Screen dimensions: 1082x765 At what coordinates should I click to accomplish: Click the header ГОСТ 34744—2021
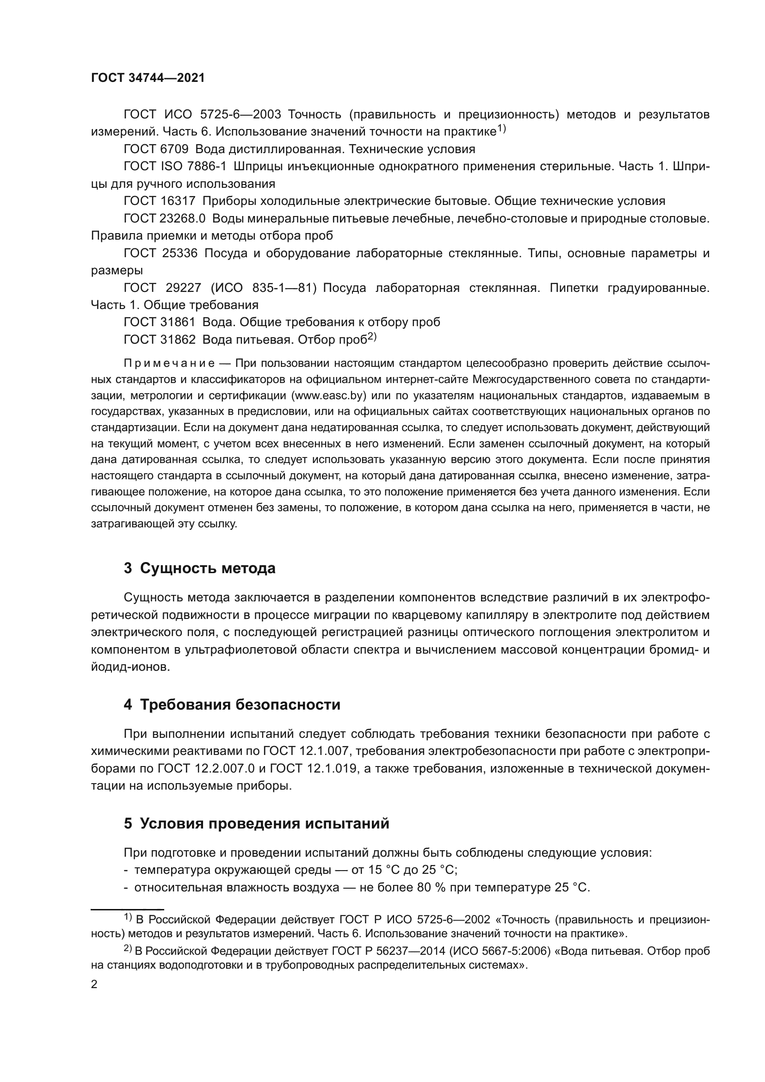(x=148, y=78)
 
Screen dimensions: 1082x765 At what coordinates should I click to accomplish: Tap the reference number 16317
(x=178, y=201)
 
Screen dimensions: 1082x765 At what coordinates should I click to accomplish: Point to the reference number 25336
(x=179, y=253)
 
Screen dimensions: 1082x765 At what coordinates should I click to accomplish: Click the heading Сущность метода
(x=208, y=569)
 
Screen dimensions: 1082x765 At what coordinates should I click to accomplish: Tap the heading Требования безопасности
(x=240, y=705)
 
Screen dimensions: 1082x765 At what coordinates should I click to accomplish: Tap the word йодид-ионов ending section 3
(x=130, y=668)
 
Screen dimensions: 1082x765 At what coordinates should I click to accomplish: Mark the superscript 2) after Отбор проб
(x=372, y=336)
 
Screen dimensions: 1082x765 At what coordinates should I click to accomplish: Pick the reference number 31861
(x=178, y=322)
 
